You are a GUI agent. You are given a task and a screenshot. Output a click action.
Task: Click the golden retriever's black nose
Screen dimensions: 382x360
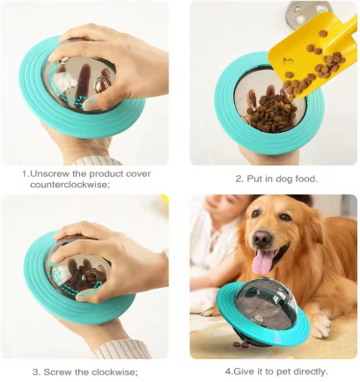[262, 238]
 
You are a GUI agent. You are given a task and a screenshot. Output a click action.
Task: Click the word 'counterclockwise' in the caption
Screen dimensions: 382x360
[67, 185]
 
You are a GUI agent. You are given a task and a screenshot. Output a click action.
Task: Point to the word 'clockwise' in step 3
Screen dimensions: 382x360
[114, 371]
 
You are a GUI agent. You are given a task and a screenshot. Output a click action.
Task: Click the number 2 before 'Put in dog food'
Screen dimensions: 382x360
[238, 179]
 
